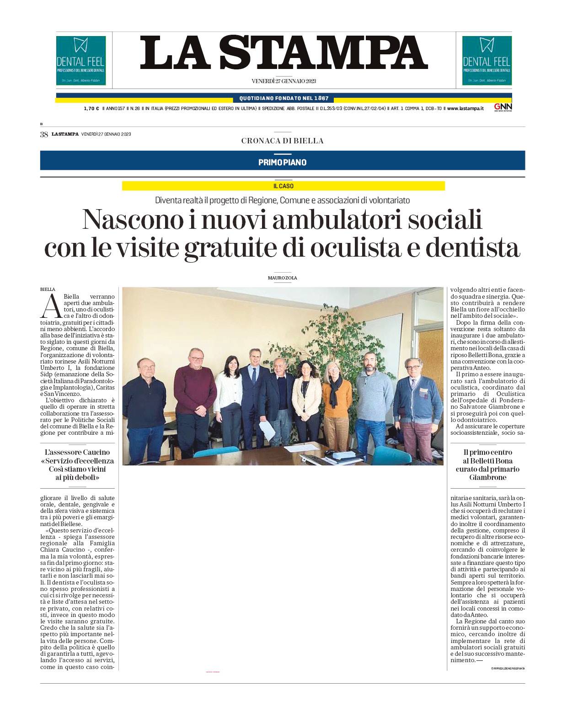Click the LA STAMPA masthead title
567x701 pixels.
click(x=283, y=53)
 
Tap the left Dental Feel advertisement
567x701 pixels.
click(x=81, y=61)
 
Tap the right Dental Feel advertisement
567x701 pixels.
click(x=487, y=61)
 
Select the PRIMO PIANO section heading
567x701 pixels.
click(x=282, y=163)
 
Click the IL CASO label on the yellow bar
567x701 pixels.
click(x=283, y=186)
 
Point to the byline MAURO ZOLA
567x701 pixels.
click(x=282, y=278)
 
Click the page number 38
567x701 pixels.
click(x=44, y=134)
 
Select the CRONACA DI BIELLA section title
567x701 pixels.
click(x=282, y=141)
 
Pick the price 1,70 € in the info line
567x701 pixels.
click(x=91, y=109)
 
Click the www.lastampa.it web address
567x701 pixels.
click(x=465, y=109)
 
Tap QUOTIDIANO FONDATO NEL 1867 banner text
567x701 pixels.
click(x=283, y=99)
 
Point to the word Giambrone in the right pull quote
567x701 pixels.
click(x=487, y=477)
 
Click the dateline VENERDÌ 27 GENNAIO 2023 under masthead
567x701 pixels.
click(x=283, y=81)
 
